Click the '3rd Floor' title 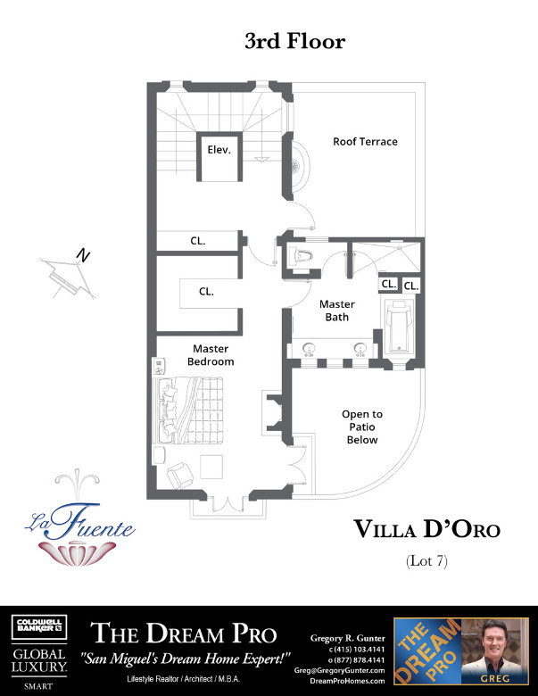click(x=294, y=41)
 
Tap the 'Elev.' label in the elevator click(x=219, y=150)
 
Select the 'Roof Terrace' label click(x=365, y=142)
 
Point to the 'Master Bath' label click(x=337, y=311)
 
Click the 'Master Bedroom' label click(x=211, y=355)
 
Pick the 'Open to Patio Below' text click(x=362, y=427)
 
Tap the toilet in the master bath click(x=301, y=255)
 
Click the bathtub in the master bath click(x=399, y=327)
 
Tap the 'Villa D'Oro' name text click(x=427, y=530)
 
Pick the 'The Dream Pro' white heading click(x=184, y=635)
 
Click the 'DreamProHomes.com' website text click(x=347, y=681)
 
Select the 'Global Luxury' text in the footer click(x=37, y=658)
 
